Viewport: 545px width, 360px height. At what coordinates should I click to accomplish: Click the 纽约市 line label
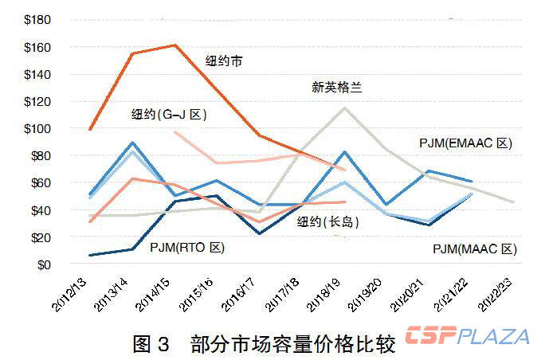[x=224, y=61]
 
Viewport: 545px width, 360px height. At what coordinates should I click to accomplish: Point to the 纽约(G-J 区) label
[x=169, y=115]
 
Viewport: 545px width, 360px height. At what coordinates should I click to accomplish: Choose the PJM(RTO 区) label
[x=186, y=248]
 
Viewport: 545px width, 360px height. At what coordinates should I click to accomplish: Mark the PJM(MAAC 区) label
[x=475, y=249]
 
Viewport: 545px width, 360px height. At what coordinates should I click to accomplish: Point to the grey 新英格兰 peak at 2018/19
[x=344, y=108]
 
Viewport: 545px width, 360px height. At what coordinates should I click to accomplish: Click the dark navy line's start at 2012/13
[x=90, y=256]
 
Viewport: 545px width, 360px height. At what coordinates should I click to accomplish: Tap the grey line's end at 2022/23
[x=514, y=202]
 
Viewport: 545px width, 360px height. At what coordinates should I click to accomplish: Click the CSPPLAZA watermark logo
[x=467, y=335]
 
